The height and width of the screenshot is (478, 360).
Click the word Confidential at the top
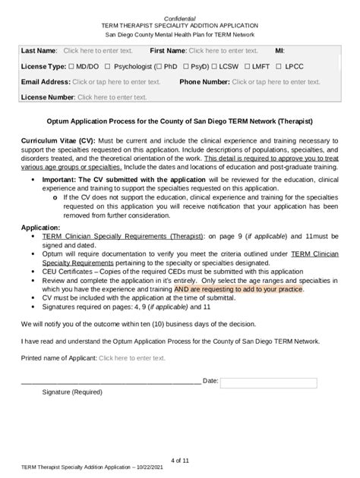click(x=180, y=17)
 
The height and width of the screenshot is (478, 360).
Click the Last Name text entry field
click(x=98, y=51)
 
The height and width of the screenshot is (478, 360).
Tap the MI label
click(x=279, y=51)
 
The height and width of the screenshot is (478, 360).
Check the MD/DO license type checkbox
click(x=71, y=67)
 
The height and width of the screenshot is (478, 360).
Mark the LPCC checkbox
click(x=289, y=67)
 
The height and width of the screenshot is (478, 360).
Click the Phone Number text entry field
click(x=276, y=82)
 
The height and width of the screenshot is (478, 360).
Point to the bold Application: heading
click(x=41, y=227)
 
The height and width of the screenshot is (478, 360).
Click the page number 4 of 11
click(x=180, y=461)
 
